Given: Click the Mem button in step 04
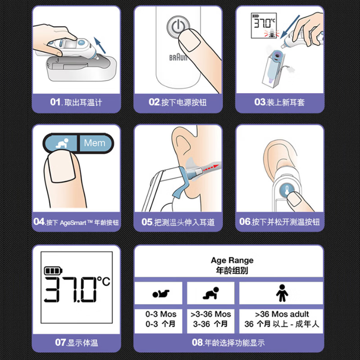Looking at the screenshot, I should (x=94, y=144).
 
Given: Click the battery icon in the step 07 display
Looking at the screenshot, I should (x=54, y=271).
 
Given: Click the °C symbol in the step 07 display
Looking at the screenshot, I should (x=103, y=282).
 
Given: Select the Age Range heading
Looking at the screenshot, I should (x=232, y=261).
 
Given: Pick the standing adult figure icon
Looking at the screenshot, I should (x=282, y=293).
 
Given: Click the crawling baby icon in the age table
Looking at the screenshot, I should (x=210, y=294).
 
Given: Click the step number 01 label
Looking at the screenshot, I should (x=55, y=102).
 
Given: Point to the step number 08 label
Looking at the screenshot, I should (x=198, y=342).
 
